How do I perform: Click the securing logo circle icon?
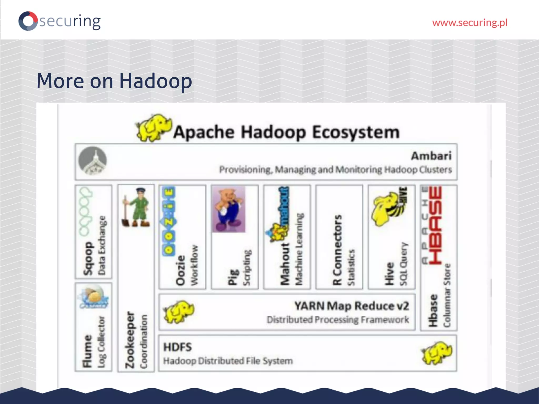pos(28,21)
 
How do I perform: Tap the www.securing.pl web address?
pos(470,23)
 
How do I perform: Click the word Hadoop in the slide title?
pos(156,81)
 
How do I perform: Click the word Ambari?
pos(431,156)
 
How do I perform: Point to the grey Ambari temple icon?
pos(93,161)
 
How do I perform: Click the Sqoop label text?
pos(88,259)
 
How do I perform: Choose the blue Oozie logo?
pos(168,221)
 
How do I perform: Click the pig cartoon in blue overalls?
pos(229,209)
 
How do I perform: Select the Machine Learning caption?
pos(299,249)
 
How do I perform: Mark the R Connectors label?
pos(337,250)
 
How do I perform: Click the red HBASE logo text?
pos(436,225)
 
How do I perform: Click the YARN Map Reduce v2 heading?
pos(352,306)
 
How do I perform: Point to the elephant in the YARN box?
pos(179,312)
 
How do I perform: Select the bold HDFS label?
pos(178,347)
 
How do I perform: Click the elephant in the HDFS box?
pos(437,353)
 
